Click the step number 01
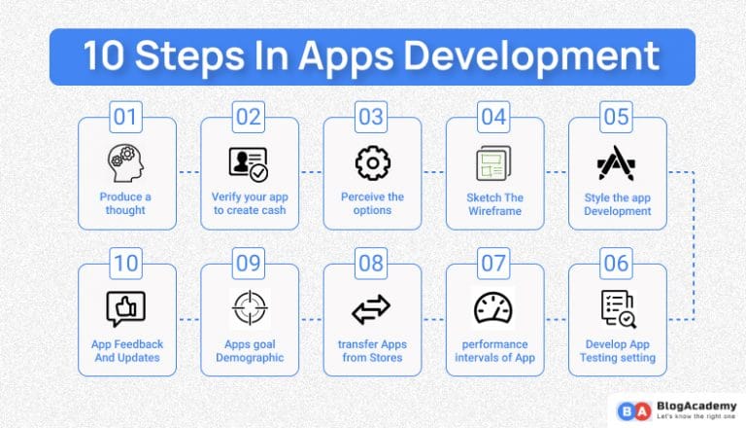(x=126, y=118)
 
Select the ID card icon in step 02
(x=249, y=163)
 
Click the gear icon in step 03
(x=372, y=162)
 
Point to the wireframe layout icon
(x=494, y=163)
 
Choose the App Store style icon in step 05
(x=617, y=163)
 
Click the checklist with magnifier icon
(x=617, y=308)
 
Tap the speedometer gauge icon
(x=494, y=308)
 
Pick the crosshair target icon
(x=249, y=308)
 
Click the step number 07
(x=494, y=264)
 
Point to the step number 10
(x=126, y=264)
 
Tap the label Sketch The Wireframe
(x=494, y=203)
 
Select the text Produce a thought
(x=126, y=203)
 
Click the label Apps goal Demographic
(x=249, y=350)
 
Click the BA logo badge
(x=628, y=408)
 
